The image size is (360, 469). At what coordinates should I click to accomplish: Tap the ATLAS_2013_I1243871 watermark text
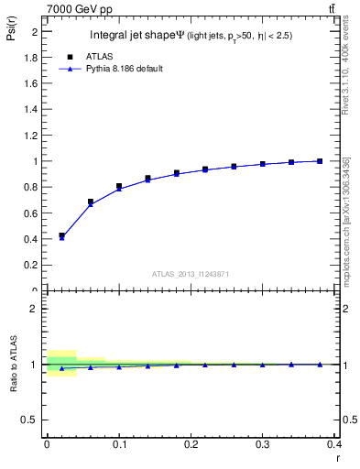point(190,274)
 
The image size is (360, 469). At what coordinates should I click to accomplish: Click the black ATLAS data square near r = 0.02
point(61,235)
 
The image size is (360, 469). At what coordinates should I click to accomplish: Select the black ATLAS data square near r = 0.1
point(119,186)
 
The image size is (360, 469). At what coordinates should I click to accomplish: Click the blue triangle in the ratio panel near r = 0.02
point(61,368)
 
